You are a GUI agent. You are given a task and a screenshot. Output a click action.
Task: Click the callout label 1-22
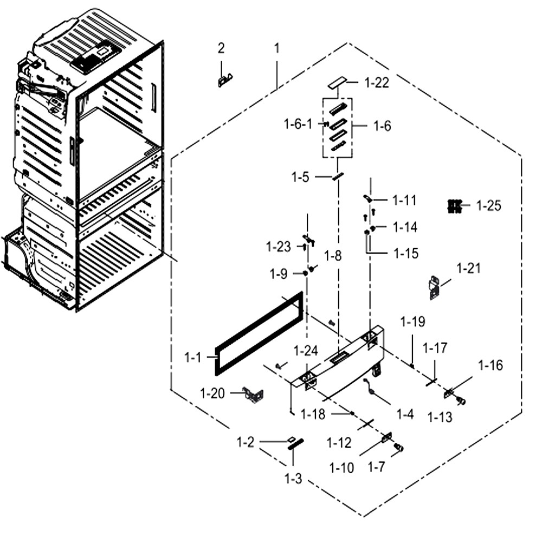pyautogui.click(x=377, y=82)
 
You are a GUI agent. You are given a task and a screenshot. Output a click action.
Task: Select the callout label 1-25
pyautogui.click(x=488, y=205)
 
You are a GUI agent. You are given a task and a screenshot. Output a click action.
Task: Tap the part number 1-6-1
pyautogui.click(x=298, y=124)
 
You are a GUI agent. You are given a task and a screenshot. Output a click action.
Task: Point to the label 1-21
pyautogui.click(x=468, y=268)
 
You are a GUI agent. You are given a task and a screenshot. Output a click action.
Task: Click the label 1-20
pyautogui.click(x=212, y=393)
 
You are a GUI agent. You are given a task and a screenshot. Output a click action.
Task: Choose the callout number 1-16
pyautogui.click(x=491, y=365)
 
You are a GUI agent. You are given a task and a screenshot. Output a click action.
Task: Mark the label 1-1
pyautogui.click(x=192, y=357)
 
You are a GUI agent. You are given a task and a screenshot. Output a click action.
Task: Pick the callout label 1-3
pyautogui.click(x=293, y=479)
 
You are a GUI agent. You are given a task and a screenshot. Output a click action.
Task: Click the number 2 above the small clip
pyautogui.click(x=221, y=48)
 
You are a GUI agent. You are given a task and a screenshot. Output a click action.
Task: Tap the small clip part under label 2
pyautogui.click(x=225, y=80)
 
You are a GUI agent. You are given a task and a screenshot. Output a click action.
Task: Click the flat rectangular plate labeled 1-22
pyautogui.click(x=337, y=82)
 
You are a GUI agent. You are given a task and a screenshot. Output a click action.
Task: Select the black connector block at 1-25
pyautogui.click(x=455, y=206)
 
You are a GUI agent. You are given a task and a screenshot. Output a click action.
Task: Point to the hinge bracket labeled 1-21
pyautogui.click(x=434, y=287)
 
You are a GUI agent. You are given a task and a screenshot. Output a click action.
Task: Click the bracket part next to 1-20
pyautogui.click(x=254, y=395)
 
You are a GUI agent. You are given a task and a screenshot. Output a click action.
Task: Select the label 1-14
pyautogui.click(x=405, y=228)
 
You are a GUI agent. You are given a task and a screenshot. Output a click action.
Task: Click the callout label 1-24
pyautogui.click(x=306, y=351)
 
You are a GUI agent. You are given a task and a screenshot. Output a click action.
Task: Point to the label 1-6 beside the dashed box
pyautogui.click(x=382, y=126)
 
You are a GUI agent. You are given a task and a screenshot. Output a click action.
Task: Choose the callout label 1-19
pyautogui.click(x=412, y=322)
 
